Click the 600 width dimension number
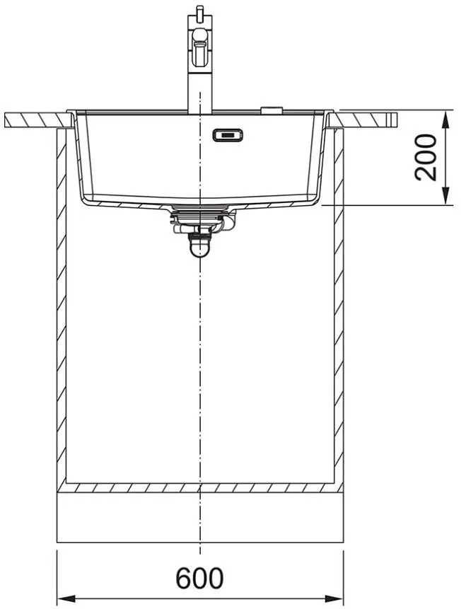pos(199,579)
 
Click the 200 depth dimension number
pos(426,157)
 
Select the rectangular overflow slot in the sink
pos(228,135)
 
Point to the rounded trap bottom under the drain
pos(199,249)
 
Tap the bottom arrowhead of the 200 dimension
pos(447,195)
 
